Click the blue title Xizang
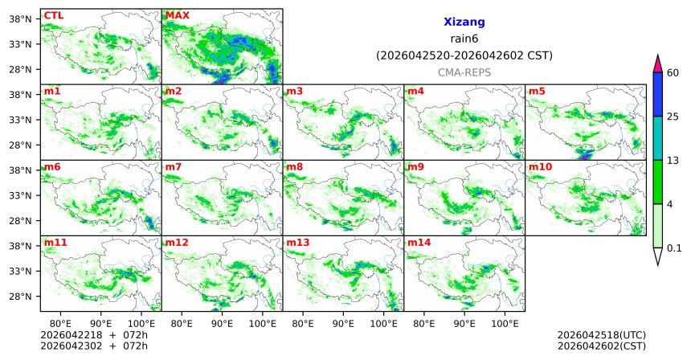(464, 22)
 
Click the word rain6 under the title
(464, 39)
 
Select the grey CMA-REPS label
(464, 72)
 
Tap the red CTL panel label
(53, 15)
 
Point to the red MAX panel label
(178, 15)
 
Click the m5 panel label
(537, 91)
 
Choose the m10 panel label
(540, 167)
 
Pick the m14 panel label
(419, 242)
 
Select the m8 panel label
(295, 167)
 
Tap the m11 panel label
(55, 242)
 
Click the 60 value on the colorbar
(673, 73)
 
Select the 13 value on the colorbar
(673, 160)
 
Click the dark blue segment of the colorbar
(657, 94)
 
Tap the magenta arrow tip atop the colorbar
(657, 62)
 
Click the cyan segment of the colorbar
(657, 137)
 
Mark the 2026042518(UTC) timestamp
(601, 334)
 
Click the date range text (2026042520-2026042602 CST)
(464, 55)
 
